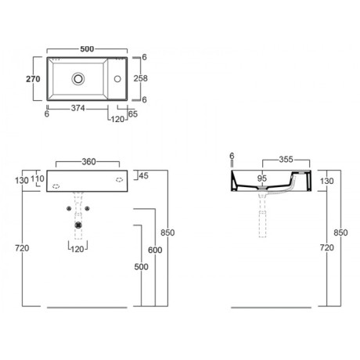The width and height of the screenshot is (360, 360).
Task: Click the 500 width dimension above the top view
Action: click(x=87, y=49)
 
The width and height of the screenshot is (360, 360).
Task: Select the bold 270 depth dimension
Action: click(x=33, y=79)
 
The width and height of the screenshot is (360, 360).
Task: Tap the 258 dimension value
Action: click(x=141, y=78)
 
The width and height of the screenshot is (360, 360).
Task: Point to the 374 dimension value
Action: click(x=78, y=108)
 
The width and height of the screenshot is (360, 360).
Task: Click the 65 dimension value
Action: click(x=133, y=114)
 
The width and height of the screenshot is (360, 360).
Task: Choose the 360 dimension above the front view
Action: click(x=88, y=162)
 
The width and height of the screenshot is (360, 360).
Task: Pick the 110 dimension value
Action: click(x=38, y=178)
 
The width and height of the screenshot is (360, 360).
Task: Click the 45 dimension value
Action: click(x=143, y=175)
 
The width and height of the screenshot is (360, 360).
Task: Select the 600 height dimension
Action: click(x=155, y=250)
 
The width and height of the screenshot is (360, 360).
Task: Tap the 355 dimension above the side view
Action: click(x=286, y=159)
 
